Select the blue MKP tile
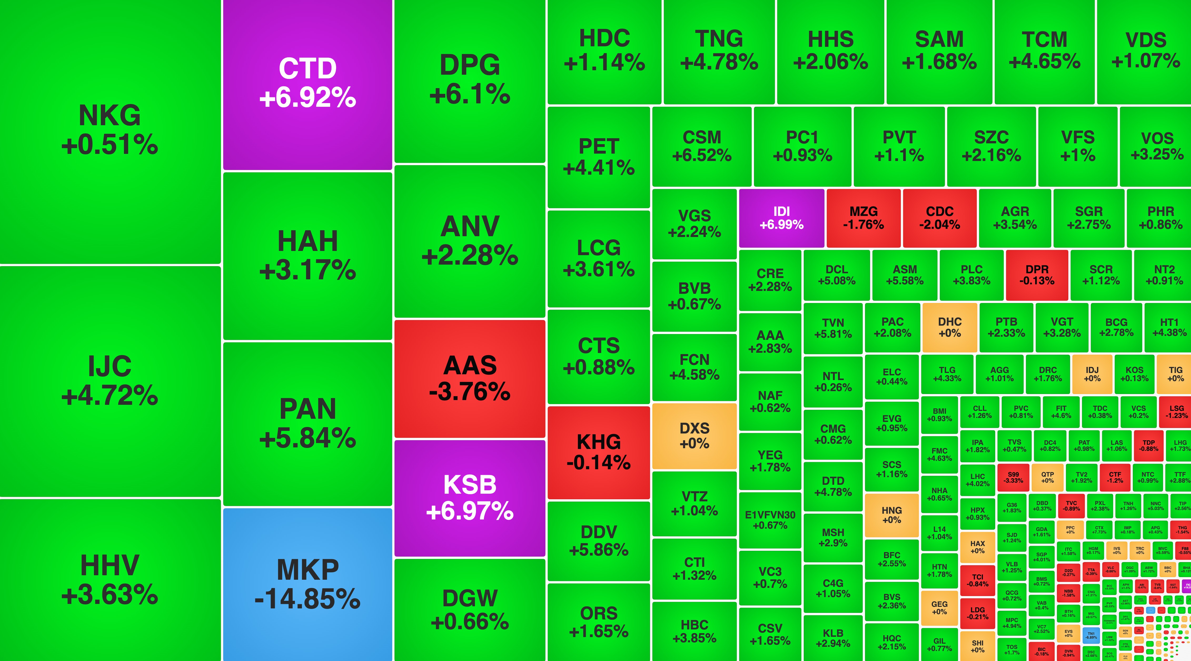pyautogui.click(x=307, y=584)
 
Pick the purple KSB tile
pyautogui.click(x=470, y=498)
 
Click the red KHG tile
pyautogui.click(x=599, y=453)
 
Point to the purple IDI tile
pyautogui.click(x=781, y=218)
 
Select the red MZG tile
pyautogui.click(x=863, y=218)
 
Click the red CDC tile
pyautogui.click(x=940, y=218)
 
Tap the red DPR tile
pyautogui.click(x=1036, y=275)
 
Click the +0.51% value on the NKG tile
pyautogui.click(x=110, y=145)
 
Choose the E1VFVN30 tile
pyautogui.click(x=770, y=520)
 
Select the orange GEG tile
pyautogui.click(x=939, y=608)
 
